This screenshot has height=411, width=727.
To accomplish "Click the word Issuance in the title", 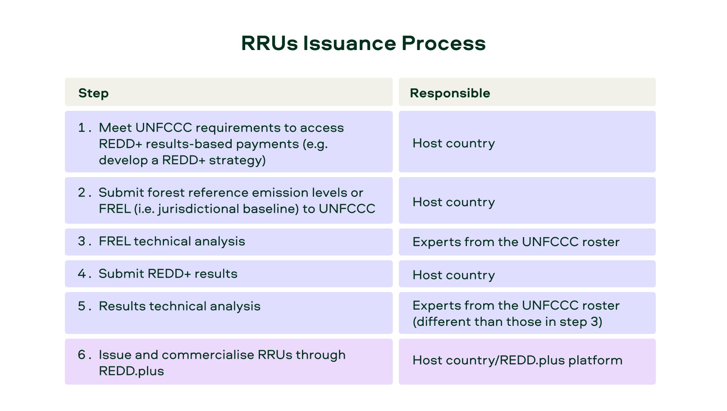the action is click(x=350, y=43).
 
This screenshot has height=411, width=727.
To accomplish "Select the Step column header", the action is click(x=93, y=93).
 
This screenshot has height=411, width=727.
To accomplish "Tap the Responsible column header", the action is click(x=450, y=93).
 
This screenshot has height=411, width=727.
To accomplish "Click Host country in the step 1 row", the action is click(x=454, y=143).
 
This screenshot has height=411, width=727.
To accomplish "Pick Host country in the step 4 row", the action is click(x=454, y=275).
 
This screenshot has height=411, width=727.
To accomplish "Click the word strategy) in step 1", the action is click(x=237, y=160).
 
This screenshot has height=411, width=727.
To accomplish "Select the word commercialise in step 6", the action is click(x=208, y=355).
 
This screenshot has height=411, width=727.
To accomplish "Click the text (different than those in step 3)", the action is click(x=507, y=322).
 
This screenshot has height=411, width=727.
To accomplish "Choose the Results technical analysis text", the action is click(x=179, y=306).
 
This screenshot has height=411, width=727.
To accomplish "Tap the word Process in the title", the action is click(x=444, y=43).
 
